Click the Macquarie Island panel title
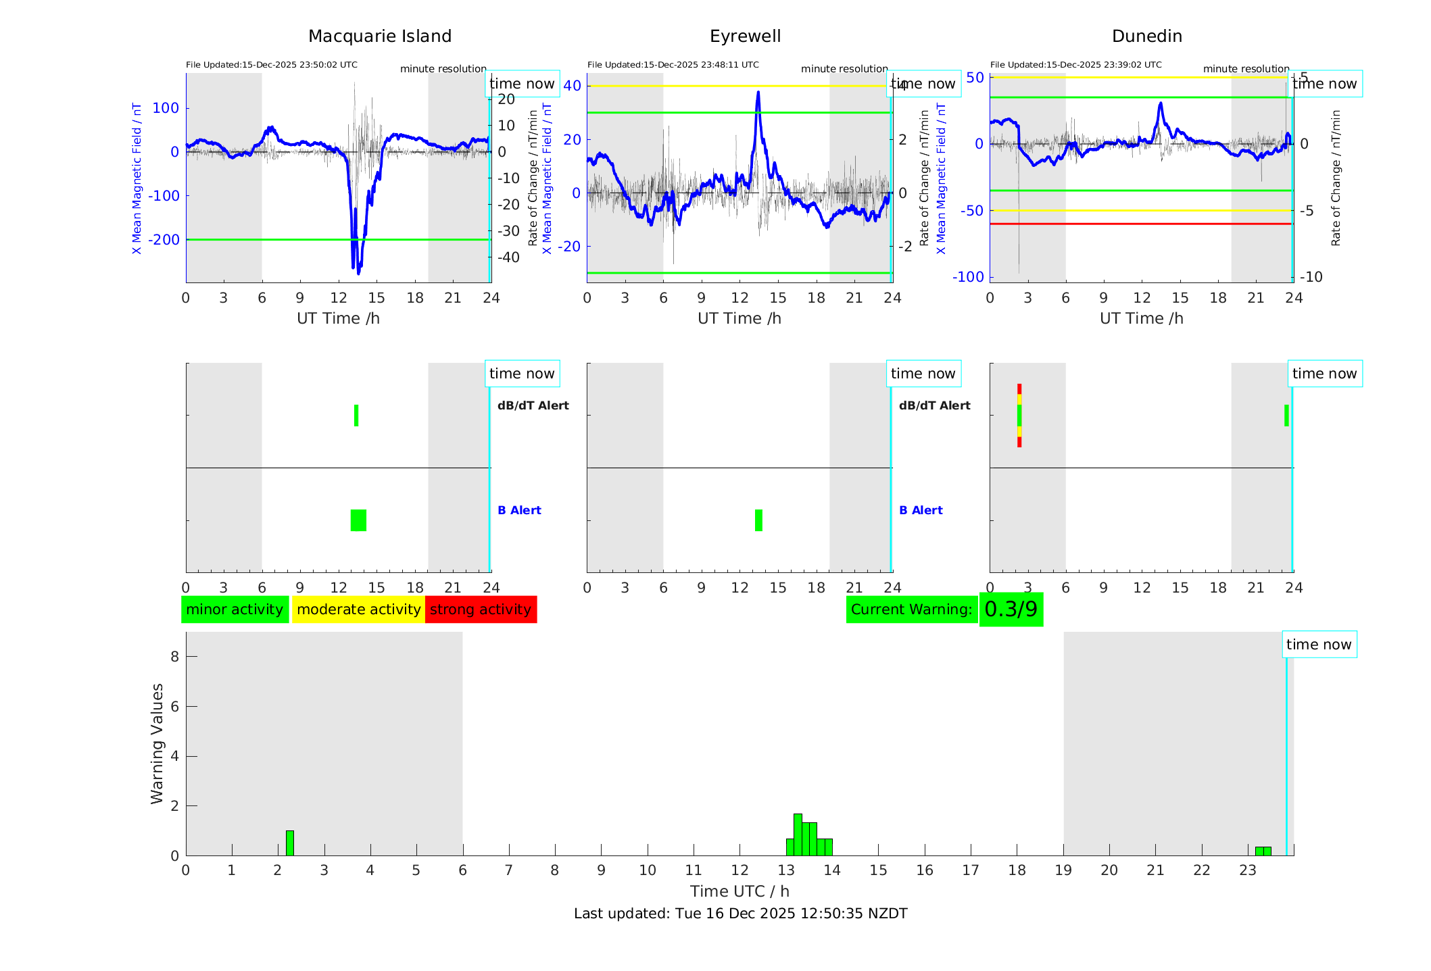[x=379, y=36]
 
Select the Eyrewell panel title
[x=745, y=36]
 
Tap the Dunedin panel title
[x=1146, y=36]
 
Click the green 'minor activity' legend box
[x=235, y=609]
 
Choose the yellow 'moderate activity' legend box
[x=358, y=609]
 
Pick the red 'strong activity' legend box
[x=481, y=609]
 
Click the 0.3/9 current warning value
[x=1011, y=609]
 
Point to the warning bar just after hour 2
[x=290, y=843]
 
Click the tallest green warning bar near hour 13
[x=798, y=835]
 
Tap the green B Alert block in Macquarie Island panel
[x=358, y=520]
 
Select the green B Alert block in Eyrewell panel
[x=758, y=520]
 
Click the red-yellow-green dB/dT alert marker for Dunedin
[x=1019, y=416]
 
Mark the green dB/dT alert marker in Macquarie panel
[x=356, y=416]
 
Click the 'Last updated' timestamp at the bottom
[x=740, y=914]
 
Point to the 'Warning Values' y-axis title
[x=157, y=743]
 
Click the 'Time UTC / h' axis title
[x=739, y=891]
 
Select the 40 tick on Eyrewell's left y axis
[x=572, y=86]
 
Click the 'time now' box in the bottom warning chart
[x=1319, y=645]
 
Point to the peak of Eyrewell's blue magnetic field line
[x=758, y=93]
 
